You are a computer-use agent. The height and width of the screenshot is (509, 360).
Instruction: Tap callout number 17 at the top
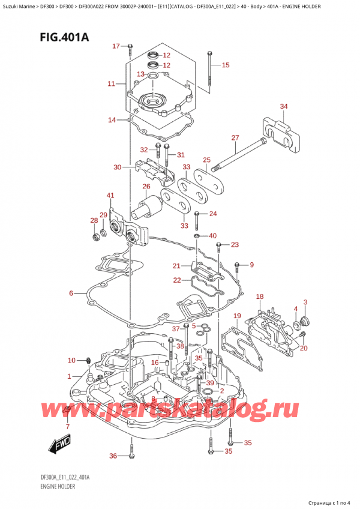pyautogui.click(x=116, y=46)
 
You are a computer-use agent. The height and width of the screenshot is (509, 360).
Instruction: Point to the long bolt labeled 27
pyautogui.click(x=240, y=154)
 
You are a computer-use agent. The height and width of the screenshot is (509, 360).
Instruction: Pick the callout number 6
pyautogui.click(x=71, y=294)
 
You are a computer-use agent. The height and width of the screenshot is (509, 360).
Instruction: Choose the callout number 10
pyautogui.click(x=71, y=360)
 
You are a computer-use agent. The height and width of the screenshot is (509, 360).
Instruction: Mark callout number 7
pyautogui.click(x=67, y=427)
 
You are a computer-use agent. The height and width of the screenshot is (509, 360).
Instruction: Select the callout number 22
pyautogui.click(x=176, y=280)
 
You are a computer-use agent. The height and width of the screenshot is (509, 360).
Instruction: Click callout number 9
pyautogui.click(x=252, y=265)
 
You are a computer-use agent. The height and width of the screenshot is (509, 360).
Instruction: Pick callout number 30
pyautogui.click(x=117, y=167)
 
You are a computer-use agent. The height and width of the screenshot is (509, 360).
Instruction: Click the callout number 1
pyautogui.click(x=69, y=376)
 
